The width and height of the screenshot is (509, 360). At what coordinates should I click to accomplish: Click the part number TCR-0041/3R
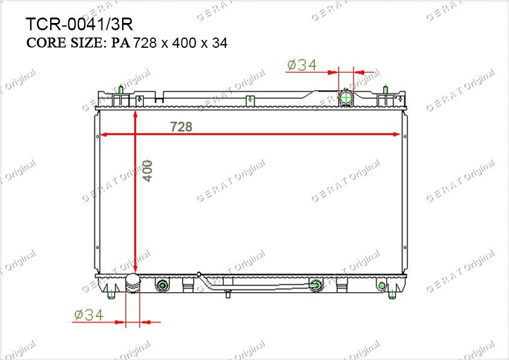point(79,24)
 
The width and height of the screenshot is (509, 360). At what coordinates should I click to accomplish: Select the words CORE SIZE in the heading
point(65,42)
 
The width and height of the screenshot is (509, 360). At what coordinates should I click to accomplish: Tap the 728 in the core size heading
point(145,43)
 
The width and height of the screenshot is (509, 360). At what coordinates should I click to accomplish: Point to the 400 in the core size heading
point(184,43)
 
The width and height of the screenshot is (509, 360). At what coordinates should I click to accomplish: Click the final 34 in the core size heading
point(220,43)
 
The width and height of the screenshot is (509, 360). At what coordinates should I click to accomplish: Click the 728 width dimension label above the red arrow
point(181,126)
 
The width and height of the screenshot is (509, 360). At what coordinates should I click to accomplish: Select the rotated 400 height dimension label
point(147,171)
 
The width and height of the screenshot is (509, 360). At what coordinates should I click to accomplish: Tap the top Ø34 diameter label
point(302,65)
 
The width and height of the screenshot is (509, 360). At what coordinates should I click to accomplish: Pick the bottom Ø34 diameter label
point(89,315)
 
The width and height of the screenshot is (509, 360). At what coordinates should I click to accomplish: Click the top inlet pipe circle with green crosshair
point(346,97)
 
